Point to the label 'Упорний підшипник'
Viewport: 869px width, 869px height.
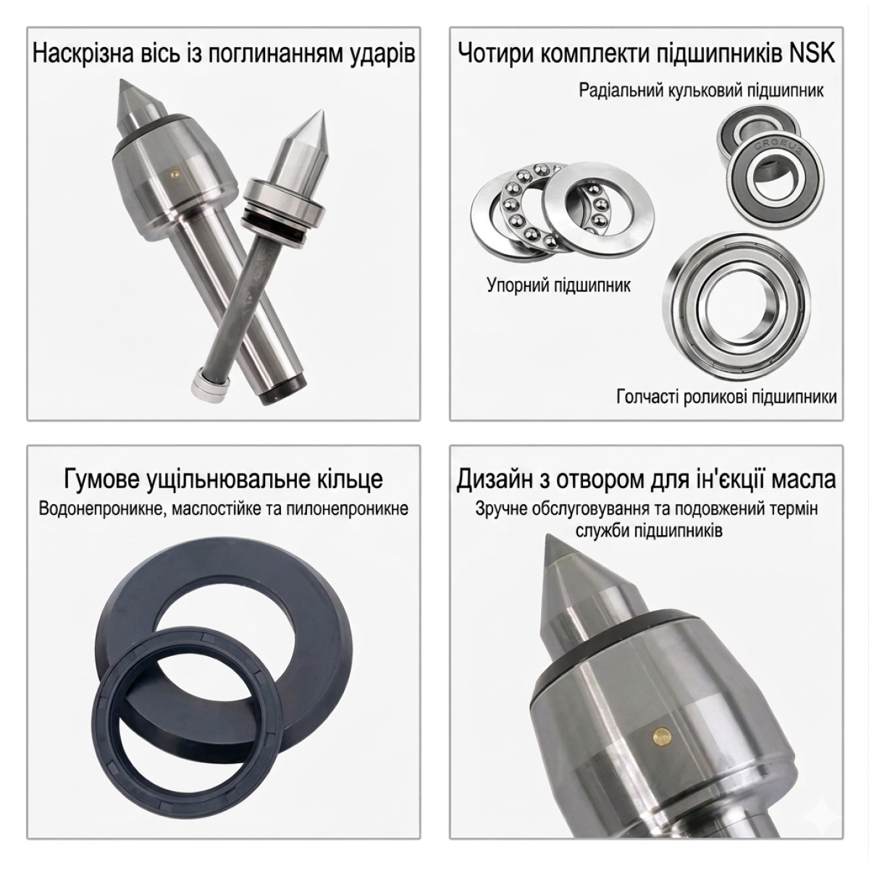[558, 285]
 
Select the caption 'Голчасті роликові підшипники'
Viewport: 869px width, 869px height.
[726, 397]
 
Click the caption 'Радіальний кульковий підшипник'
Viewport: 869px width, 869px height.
[701, 91]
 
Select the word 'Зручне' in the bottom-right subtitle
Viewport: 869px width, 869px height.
[503, 509]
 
